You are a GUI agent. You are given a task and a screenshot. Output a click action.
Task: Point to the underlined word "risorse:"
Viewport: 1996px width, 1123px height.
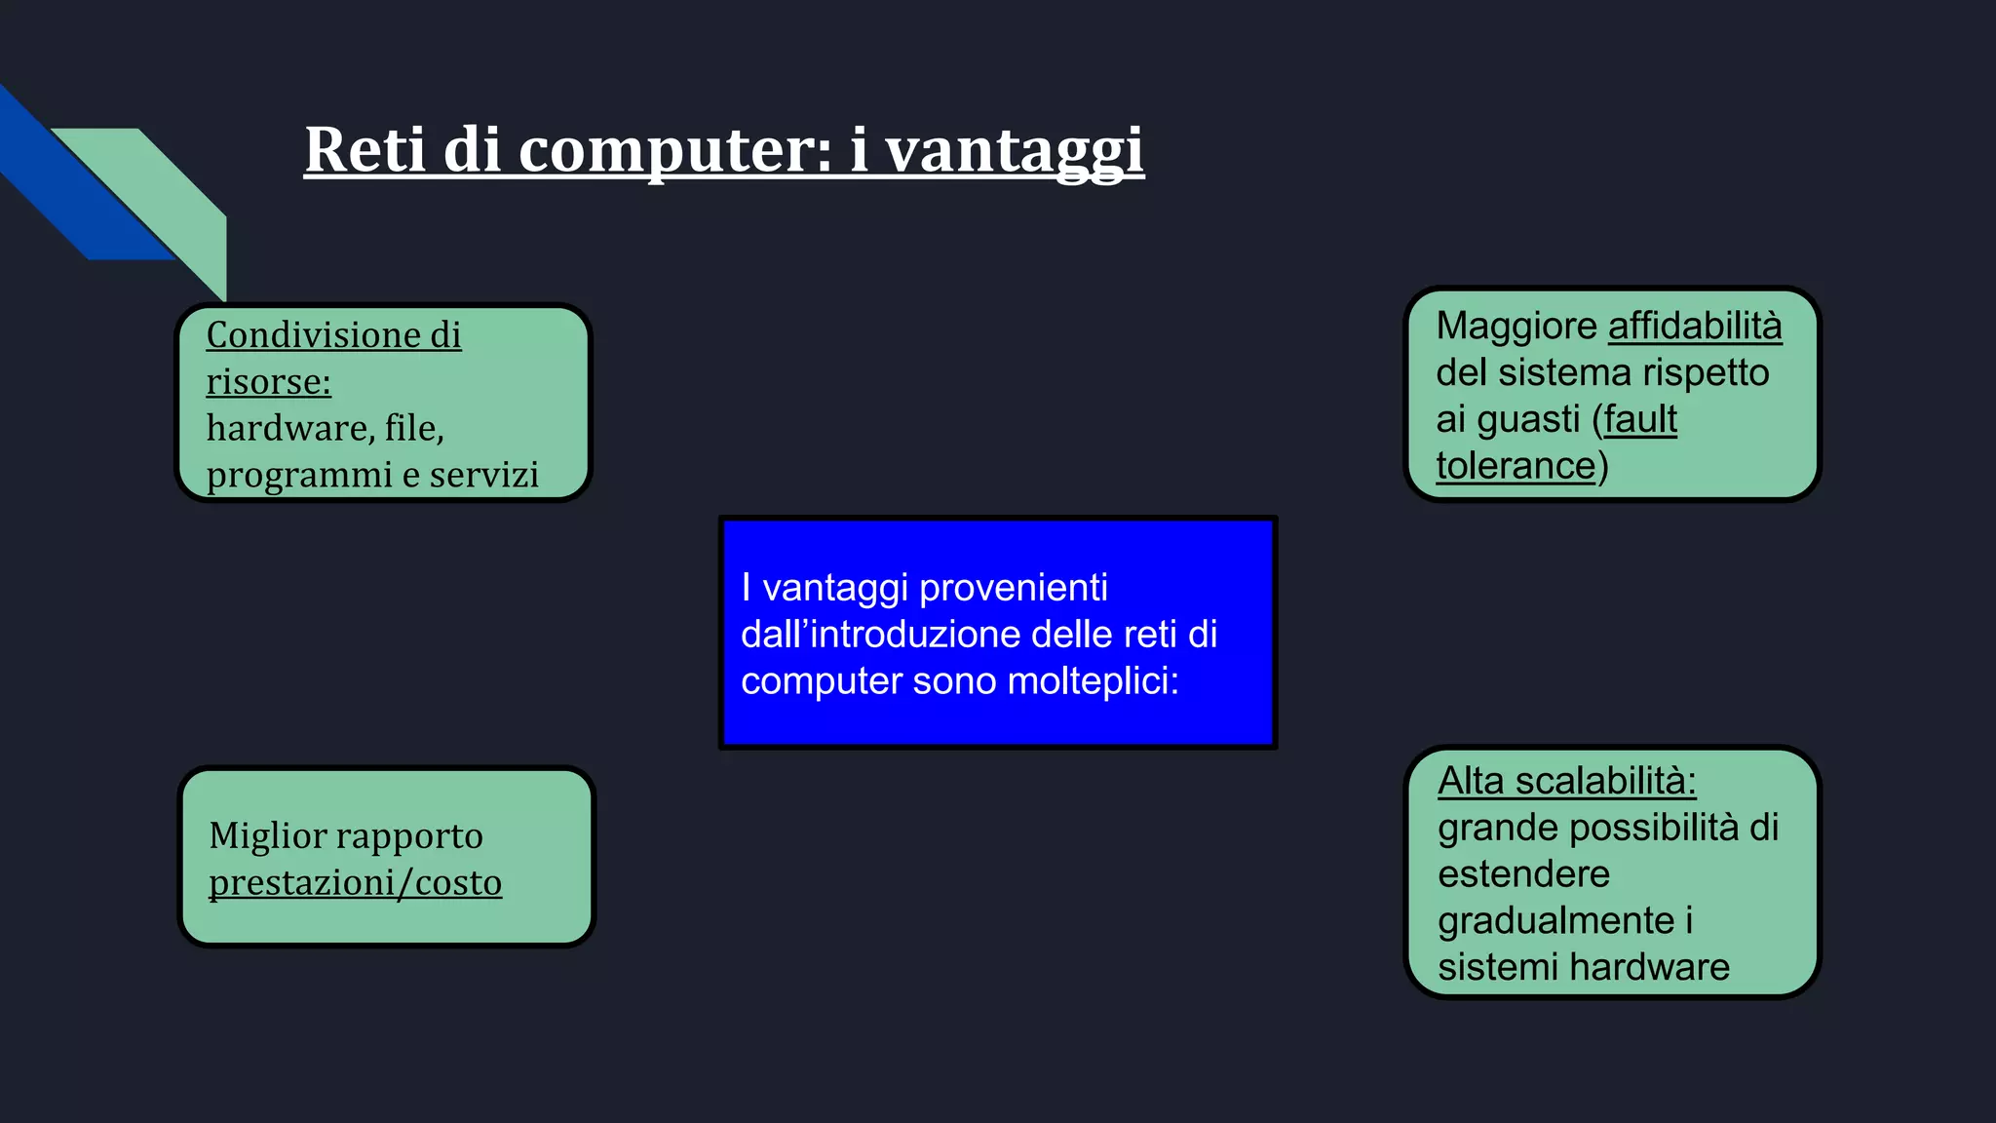click(268, 381)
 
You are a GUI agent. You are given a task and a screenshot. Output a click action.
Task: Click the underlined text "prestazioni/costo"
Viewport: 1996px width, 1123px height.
click(355, 882)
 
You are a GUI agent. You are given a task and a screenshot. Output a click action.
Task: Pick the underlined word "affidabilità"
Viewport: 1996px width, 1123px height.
click(1694, 326)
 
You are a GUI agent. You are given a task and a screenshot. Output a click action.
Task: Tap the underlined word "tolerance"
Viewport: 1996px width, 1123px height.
click(1516, 466)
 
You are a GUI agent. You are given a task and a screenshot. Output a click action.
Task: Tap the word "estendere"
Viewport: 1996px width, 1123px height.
click(1523, 874)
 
